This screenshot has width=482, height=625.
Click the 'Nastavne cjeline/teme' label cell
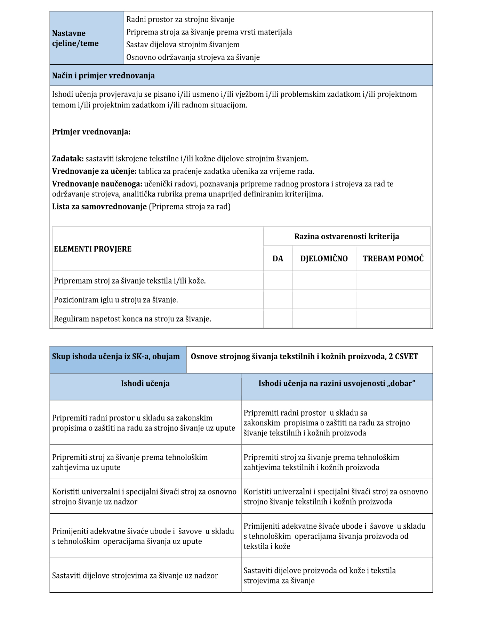click(75, 38)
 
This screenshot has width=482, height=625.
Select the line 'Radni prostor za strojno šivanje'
click(180, 19)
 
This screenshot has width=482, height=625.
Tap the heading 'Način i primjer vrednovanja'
click(103, 76)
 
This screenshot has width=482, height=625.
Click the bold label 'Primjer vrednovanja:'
click(91, 132)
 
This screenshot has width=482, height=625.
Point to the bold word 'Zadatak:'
click(68, 159)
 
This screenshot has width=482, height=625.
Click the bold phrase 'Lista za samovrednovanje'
click(99, 207)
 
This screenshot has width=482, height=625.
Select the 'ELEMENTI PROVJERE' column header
click(93, 249)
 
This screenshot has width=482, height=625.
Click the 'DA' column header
click(278, 259)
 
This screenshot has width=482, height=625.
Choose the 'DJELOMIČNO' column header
click(324, 259)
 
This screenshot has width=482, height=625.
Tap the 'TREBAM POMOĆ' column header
click(393, 259)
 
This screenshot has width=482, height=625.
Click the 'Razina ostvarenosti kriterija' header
click(347, 237)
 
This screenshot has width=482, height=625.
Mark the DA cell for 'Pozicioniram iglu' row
click(278, 299)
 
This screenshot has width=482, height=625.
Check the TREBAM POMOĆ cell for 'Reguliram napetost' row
click(393, 319)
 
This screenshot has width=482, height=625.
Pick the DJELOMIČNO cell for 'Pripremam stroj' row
click(324, 280)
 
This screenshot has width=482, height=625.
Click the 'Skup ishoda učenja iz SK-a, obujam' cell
click(116, 356)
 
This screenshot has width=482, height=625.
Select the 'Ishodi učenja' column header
click(145, 384)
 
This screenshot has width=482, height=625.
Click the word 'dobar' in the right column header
click(403, 384)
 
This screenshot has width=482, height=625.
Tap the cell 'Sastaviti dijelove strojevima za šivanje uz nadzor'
click(135, 576)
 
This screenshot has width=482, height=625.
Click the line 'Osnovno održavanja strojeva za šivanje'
click(193, 57)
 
